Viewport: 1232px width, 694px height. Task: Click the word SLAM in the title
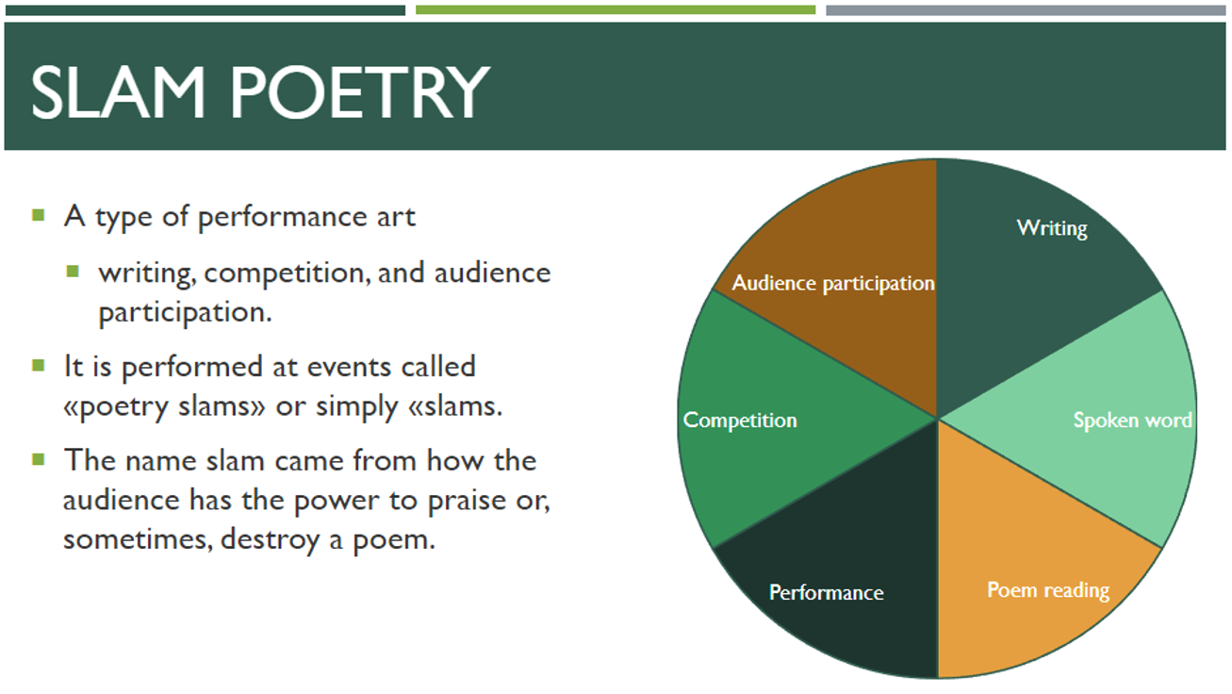click(x=118, y=92)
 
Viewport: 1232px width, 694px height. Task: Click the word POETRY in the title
click(x=360, y=92)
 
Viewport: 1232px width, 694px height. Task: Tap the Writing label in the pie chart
click(x=1052, y=228)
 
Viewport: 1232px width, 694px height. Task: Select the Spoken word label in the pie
click(x=1132, y=421)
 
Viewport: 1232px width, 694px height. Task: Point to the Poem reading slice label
click(x=1048, y=590)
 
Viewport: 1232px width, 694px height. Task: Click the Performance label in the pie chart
click(x=826, y=593)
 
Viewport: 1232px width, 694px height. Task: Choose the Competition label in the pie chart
click(x=740, y=421)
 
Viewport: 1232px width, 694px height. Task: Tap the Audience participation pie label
click(x=833, y=284)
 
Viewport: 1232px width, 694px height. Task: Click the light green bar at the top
click(x=616, y=10)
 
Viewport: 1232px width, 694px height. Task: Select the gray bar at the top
click(x=1026, y=10)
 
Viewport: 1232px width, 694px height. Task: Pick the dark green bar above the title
click(x=205, y=10)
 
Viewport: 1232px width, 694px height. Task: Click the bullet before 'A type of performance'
click(x=38, y=215)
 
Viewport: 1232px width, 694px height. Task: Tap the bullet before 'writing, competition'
click(x=73, y=272)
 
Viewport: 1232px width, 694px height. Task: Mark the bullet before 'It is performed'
click(x=38, y=366)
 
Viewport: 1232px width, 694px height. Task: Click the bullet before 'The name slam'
click(x=38, y=459)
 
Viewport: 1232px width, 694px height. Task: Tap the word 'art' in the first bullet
click(x=396, y=217)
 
